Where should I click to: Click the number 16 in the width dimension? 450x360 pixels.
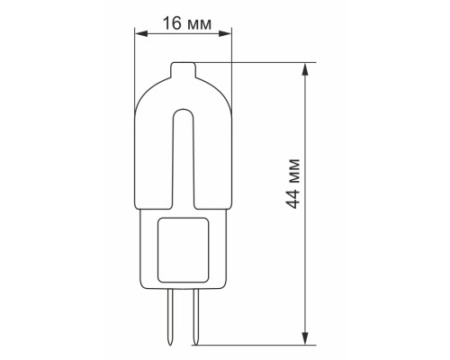click(x=170, y=24)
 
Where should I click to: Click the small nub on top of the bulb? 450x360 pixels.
click(x=183, y=67)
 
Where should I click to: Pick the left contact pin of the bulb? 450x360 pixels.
click(x=171, y=315)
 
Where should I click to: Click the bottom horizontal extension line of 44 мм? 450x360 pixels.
click(x=270, y=344)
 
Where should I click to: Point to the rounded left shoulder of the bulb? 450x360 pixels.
click(x=141, y=90)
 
